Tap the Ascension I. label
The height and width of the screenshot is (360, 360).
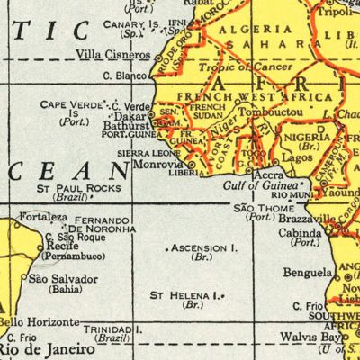click(205, 247)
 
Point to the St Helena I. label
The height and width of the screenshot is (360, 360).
click(184, 294)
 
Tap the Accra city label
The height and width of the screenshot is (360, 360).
click(266, 173)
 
